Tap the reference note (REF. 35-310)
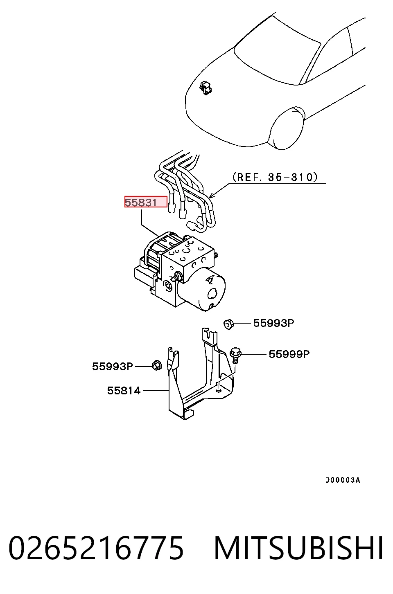point(275,177)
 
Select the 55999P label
point(289,354)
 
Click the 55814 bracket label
point(124,391)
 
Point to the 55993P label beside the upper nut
point(273,323)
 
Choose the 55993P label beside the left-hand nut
point(112,366)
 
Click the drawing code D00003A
point(343,480)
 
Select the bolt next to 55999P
point(235,355)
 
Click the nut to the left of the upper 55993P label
point(228,324)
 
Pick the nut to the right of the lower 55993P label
point(157,366)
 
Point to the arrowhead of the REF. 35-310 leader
point(210,197)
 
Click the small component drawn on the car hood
point(206,88)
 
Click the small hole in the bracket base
point(218,390)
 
